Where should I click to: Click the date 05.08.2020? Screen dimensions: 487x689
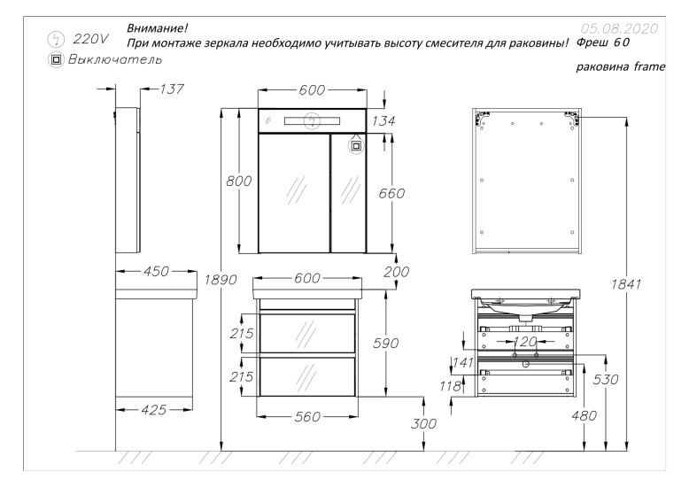click(x=617, y=28)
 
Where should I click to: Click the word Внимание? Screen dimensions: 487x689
click(x=152, y=28)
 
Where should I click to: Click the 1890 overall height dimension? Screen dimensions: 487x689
click(x=221, y=280)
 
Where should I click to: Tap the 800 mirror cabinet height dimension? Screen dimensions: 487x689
click(x=240, y=181)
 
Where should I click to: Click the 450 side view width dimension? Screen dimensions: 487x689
click(x=157, y=272)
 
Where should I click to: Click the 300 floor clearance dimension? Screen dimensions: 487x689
click(x=425, y=424)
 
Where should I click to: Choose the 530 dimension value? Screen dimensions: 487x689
click(x=606, y=379)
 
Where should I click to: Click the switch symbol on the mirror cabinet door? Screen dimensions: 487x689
click(x=357, y=143)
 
